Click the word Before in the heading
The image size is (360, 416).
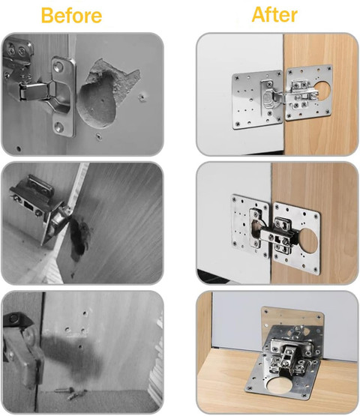(x=72, y=15)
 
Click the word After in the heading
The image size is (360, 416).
(x=274, y=14)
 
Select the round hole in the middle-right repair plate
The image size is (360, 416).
(x=308, y=241)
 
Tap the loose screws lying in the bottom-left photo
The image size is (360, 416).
(x=72, y=394)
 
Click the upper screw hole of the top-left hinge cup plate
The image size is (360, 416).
(x=58, y=66)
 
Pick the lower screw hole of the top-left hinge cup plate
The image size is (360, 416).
(x=58, y=127)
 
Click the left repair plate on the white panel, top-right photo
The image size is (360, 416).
(x=257, y=100)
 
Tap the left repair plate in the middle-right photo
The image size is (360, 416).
(x=250, y=226)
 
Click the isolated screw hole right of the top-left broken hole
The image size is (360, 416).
(x=142, y=97)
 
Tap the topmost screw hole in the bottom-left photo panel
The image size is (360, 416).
(x=85, y=313)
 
